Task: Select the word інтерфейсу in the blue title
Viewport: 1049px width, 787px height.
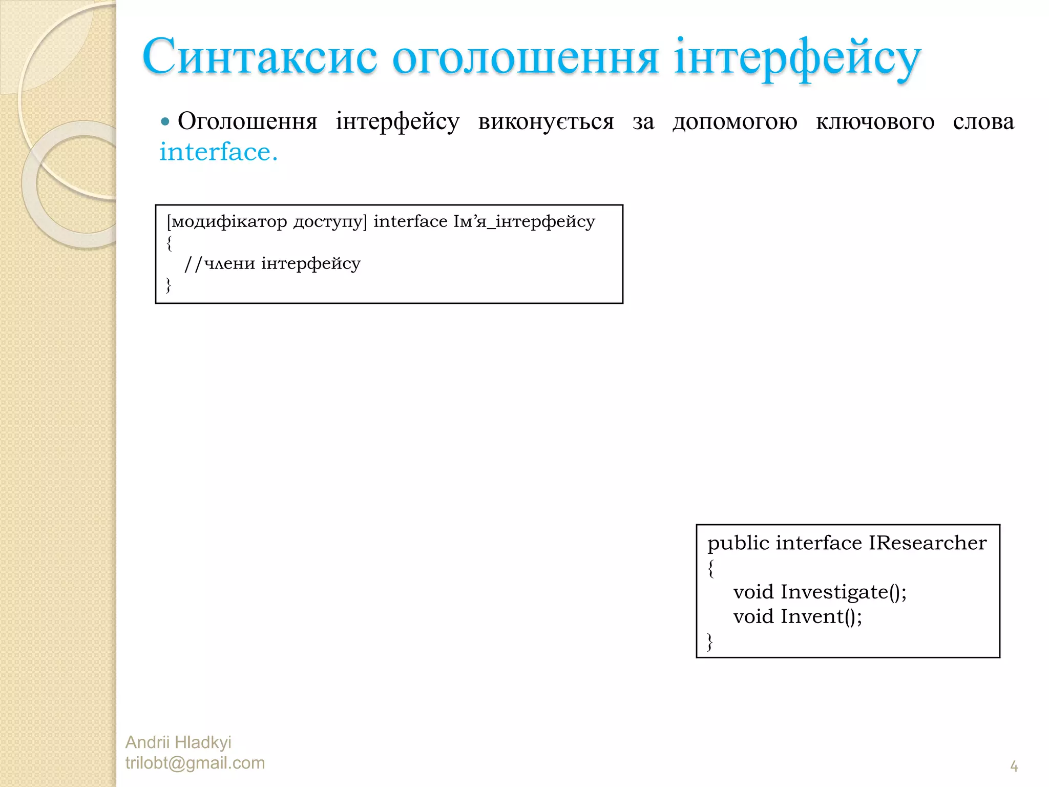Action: [x=797, y=58]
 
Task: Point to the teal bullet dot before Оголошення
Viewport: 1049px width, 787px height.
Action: [x=165, y=122]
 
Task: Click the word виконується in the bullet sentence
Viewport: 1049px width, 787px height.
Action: [x=546, y=122]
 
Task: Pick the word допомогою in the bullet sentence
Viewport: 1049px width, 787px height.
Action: [x=735, y=122]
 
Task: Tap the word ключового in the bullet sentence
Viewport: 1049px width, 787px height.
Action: [x=875, y=122]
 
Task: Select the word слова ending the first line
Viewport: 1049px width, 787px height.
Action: [x=983, y=122]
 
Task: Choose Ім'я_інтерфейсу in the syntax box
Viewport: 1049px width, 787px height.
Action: [x=524, y=221]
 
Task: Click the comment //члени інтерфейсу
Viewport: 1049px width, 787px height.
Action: [x=272, y=263]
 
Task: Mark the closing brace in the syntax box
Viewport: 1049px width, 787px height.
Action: [x=169, y=285]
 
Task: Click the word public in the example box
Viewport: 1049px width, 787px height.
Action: [x=738, y=543]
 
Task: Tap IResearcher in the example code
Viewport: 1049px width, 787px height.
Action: [x=927, y=543]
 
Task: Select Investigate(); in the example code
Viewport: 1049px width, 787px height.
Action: [x=843, y=592]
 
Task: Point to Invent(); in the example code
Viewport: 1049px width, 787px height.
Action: [x=821, y=616]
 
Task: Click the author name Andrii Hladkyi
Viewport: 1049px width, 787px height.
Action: [x=178, y=742]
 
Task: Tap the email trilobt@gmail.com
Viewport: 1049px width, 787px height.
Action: [x=195, y=763]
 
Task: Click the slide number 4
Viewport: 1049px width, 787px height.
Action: [x=1014, y=767]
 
